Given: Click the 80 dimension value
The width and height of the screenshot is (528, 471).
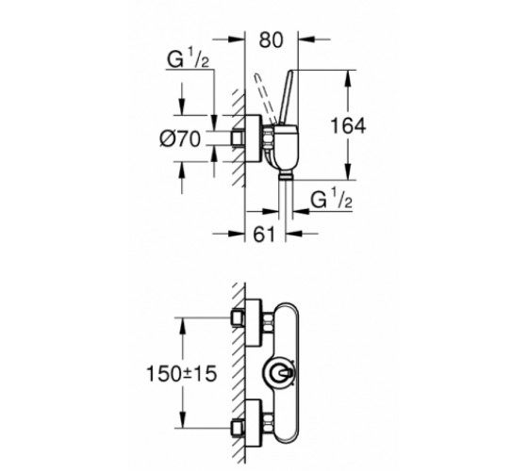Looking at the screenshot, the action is coord(272,40).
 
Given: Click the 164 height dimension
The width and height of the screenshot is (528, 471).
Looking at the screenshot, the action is coord(348,126).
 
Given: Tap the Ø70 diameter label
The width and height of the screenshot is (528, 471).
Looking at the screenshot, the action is coord(180,139).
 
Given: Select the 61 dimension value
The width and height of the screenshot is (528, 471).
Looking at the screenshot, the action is coord(264,235).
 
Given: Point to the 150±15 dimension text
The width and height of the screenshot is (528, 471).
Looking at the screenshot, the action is coord(181,374).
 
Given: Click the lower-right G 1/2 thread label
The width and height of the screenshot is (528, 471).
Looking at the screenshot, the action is coord(331,199).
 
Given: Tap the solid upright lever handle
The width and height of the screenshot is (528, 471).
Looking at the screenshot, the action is coord(287,98).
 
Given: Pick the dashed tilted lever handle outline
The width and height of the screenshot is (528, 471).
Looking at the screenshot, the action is coord(266,99).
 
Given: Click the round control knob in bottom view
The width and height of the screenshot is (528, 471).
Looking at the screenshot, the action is coord(279,373).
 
